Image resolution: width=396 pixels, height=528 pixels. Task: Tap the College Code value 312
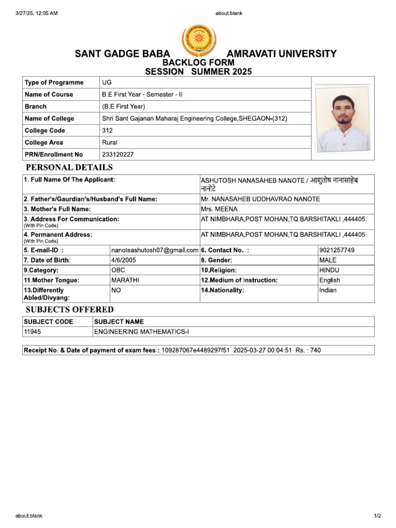[107, 130]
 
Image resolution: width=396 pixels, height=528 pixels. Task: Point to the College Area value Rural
[110, 142]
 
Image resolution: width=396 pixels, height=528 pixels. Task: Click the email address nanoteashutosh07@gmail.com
[155, 250]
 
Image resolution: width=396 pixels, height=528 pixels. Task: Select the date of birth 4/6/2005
[124, 260]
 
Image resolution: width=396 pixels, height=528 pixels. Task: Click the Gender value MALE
[328, 260]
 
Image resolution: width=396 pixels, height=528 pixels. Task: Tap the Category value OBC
[118, 270]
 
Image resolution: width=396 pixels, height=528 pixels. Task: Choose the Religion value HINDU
[329, 270]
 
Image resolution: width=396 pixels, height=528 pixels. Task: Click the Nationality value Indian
[328, 290]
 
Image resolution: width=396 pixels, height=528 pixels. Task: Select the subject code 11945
[32, 332]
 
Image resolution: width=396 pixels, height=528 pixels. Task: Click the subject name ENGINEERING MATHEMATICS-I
[145, 332]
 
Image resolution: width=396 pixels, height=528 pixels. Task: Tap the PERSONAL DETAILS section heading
[69, 168]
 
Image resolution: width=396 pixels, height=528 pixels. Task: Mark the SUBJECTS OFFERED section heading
[70, 309]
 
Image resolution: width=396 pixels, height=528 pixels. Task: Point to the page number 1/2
[377, 516]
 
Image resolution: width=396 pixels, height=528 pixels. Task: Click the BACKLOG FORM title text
[199, 62]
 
